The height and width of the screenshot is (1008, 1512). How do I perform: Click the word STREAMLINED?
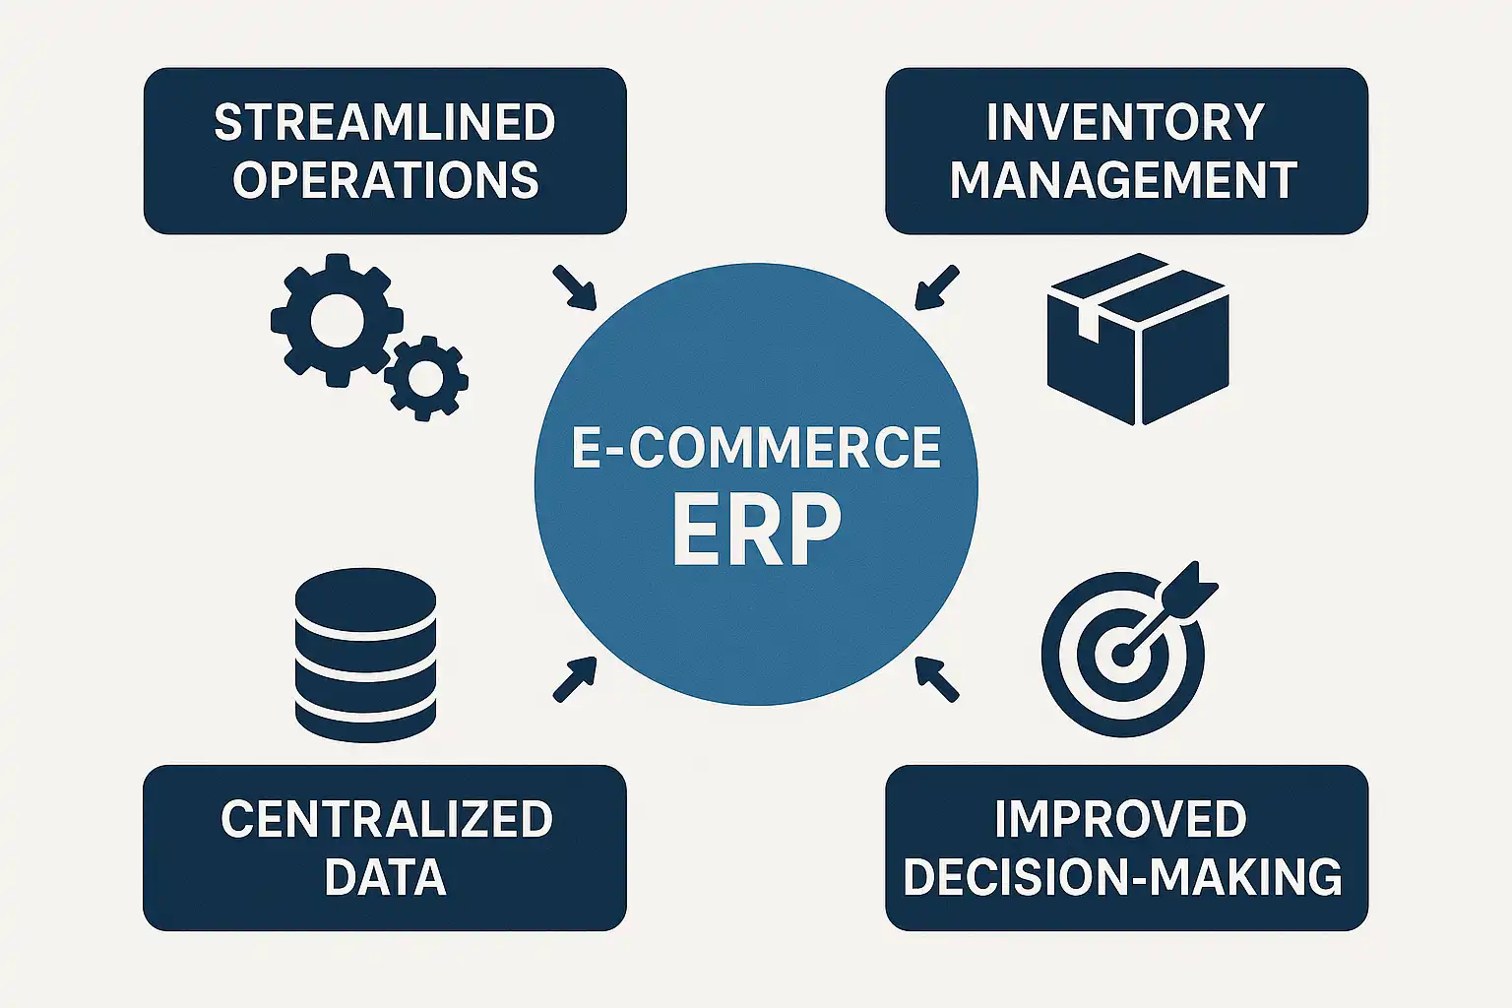(x=385, y=123)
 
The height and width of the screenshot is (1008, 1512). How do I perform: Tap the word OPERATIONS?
(x=385, y=180)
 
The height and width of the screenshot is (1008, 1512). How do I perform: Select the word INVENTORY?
(x=1125, y=123)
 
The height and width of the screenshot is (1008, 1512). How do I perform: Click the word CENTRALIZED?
(x=386, y=820)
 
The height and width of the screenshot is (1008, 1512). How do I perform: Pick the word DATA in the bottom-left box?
(x=385, y=877)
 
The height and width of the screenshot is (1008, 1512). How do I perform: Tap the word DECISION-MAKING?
(x=1122, y=877)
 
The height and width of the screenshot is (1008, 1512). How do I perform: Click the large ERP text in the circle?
(x=756, y=530)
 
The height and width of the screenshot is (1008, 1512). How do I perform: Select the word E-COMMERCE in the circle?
(x=756, y=448)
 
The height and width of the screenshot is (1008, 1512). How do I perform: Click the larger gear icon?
(x=337, y=320)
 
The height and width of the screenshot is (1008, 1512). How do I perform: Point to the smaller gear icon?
(x=425, y=379)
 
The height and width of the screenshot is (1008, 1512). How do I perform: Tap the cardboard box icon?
(x=1138, y=340)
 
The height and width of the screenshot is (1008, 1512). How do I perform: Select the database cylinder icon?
(x=365, y=655)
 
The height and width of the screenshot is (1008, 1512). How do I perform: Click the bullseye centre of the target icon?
(x=1121, y=654)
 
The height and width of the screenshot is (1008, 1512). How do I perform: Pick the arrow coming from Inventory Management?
(x=936, y=286)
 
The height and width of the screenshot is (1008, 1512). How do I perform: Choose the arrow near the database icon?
(x=575, y=679)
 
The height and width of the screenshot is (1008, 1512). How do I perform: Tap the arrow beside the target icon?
(x=936, y=679)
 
